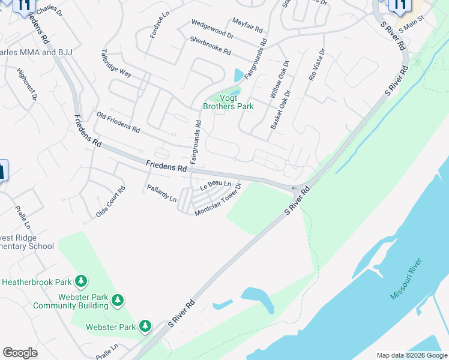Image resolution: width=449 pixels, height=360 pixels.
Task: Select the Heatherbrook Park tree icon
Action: [80, 281]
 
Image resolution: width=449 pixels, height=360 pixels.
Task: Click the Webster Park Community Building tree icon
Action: [118, 299]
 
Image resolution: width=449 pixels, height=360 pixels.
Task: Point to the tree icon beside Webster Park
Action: [145, 326]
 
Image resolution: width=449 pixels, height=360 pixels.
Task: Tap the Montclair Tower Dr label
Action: [218, 200]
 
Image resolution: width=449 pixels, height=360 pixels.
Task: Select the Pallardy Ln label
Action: [161, 194]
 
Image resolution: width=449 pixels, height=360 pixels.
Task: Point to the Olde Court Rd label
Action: [110, 202]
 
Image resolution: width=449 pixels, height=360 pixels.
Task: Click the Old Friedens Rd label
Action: [118, 122]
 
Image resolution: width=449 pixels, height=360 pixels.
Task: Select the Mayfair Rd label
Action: [247, 25]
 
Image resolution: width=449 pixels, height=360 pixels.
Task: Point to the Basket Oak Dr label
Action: [280, 110]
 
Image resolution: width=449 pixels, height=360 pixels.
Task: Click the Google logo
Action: [20, 353]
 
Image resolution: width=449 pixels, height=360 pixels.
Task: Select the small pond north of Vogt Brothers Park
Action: [239, 75]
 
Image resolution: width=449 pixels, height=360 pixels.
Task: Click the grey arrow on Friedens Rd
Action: [294, 188]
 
